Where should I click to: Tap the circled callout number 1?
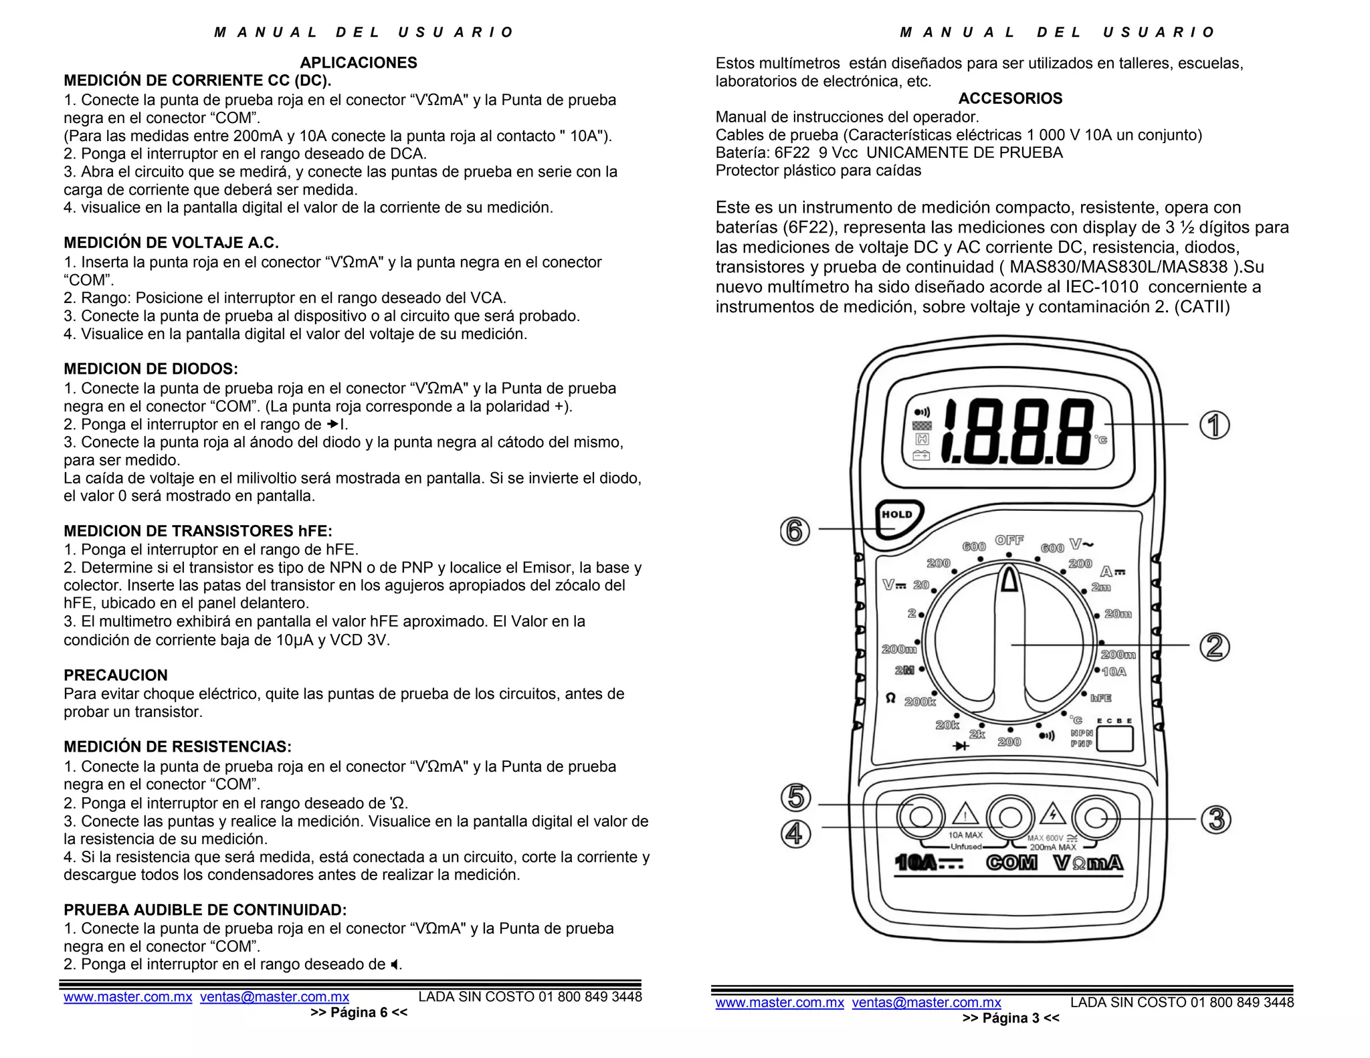1214,425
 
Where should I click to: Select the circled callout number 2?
1215,647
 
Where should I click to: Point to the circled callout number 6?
795,531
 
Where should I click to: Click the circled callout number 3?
1216,819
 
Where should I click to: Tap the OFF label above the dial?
1009,540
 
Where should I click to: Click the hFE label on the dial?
1101,698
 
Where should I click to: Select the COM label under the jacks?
1011,863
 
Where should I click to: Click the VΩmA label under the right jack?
1088,863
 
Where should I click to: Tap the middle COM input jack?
1010,817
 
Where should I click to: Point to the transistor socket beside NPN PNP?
1115,739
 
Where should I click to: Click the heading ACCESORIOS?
1010,98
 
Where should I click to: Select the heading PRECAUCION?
116,675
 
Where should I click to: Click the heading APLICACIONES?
359,63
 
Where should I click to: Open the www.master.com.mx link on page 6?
128,996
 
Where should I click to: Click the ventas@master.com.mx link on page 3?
926,1002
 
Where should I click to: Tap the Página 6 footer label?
359,1013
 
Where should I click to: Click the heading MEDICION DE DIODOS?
151,368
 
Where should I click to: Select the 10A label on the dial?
1114,671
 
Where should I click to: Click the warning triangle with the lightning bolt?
1053,815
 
